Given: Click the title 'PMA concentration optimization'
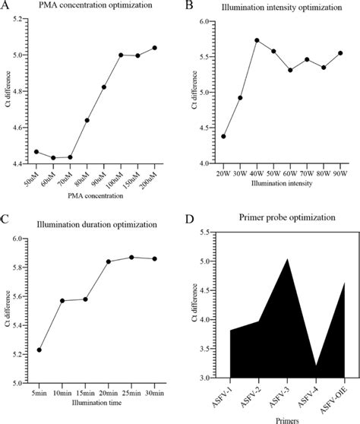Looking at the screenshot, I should [x=94, y=8].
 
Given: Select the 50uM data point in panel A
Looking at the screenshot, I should [x=36, y=151].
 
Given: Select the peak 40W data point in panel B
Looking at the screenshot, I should [x=257, y=40].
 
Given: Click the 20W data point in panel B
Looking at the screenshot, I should [x=223, y=136].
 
